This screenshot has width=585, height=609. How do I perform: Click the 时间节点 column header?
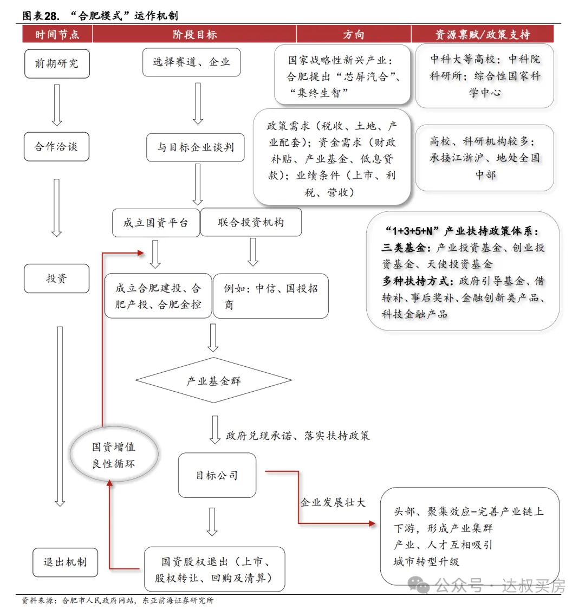pyautogui.click(x=57, y=35)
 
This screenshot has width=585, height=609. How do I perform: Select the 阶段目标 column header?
pyautogui.click(x=194, y=35)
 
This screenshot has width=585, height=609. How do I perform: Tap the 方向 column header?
pyautogui.click(x=353, y=35)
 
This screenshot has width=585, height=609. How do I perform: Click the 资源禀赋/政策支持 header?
pyautogui.click(x=482, y=35)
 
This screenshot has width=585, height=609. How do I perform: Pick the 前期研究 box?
pyautogui.click(x=57, y=63)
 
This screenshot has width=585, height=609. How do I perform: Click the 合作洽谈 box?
pyautogui.click(x=56, y=147)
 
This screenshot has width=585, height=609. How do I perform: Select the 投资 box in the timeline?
pyautogui.click(x=56, y=278)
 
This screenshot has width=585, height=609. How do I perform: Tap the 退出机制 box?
pyautogui.click(x=65, y=562)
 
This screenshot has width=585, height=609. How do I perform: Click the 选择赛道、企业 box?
pyautogui.click(x=191, y=62)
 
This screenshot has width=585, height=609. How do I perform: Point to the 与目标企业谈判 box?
pyautogui.click(x=196, y=147)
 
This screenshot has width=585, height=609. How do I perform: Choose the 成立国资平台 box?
pyautogui.click(x=156, y=223)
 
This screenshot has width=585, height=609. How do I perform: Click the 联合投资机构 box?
pyautogui.click(x=251, y=222)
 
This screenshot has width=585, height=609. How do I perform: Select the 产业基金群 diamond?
pyautogui.click(x=213, y=381)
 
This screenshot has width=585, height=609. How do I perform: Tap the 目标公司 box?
pyautogui.click(x=217, y=476)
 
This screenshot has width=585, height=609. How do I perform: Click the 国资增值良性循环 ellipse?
pyautogui.click(x=114, y=455)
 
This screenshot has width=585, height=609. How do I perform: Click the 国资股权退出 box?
pyautogui.click(x=214, y=569)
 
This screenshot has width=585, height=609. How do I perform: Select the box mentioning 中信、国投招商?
pyautogui.click(x=270, y=296)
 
